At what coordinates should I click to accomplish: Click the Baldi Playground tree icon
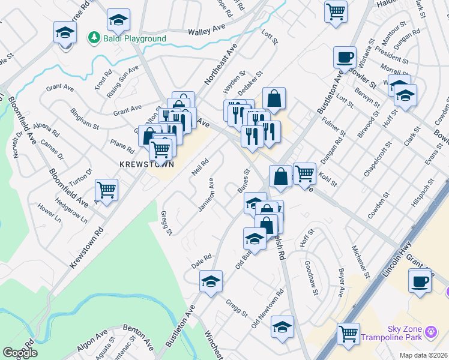(94, 38)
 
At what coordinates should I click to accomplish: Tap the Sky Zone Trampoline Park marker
(430, 332)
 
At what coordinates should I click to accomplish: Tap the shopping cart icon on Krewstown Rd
(106, 191)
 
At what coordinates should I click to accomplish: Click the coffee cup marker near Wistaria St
(345, 58)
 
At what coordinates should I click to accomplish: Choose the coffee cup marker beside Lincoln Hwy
(420, 281)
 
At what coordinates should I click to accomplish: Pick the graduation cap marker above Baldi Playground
(118, 20)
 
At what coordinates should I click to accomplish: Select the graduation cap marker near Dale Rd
(211, 281)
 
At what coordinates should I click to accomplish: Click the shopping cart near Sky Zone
(348, 334)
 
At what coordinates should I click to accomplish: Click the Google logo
(19, 353)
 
